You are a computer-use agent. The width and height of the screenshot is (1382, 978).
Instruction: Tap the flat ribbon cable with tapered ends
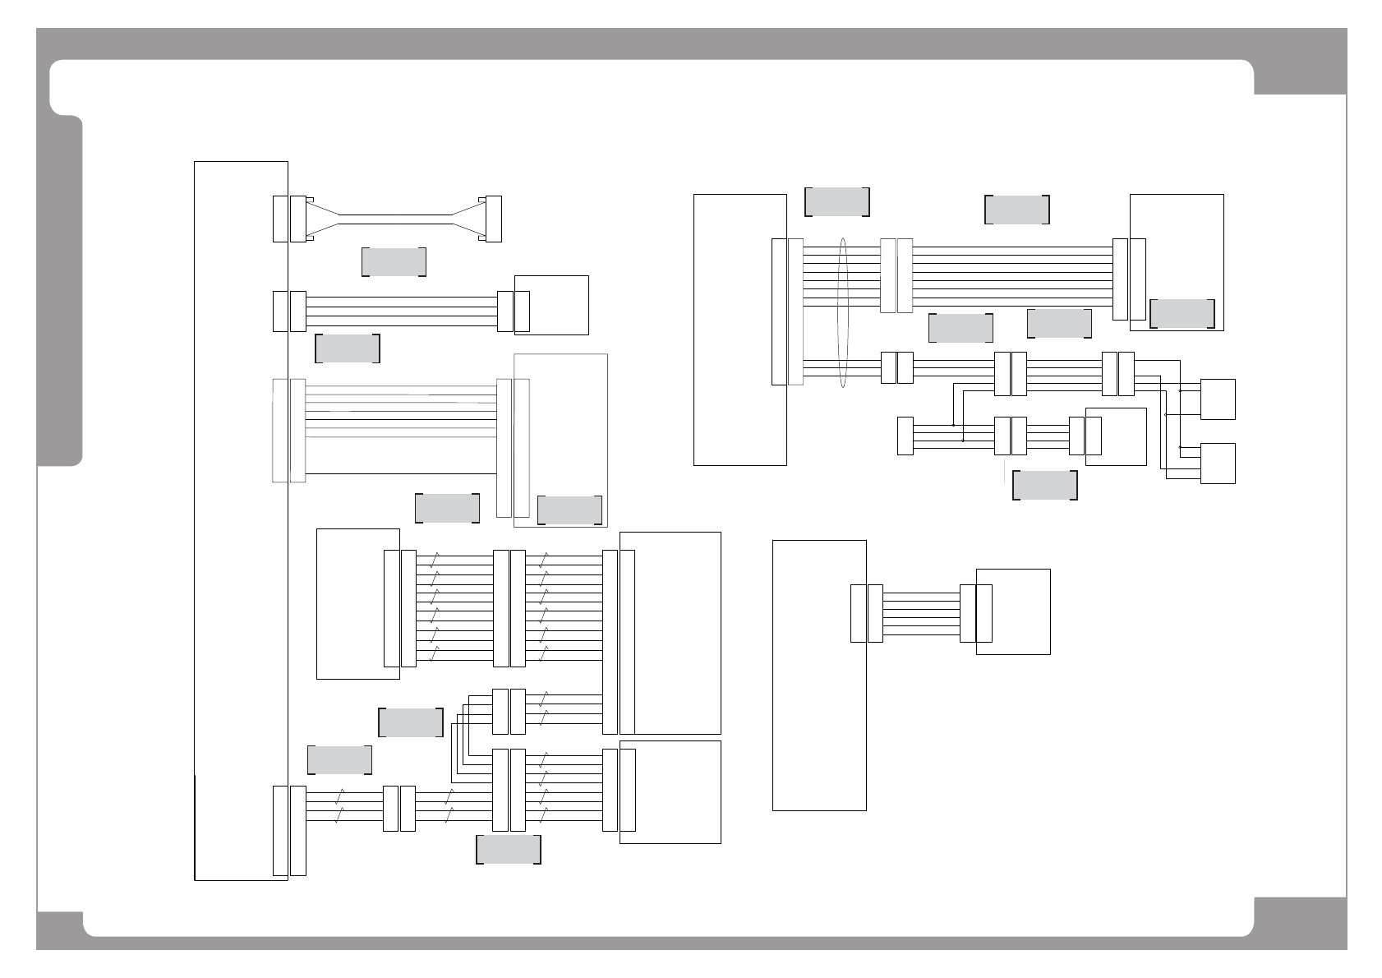tap(395, 219)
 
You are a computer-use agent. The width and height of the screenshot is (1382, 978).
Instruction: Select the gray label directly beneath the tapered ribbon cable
tap(394, 262)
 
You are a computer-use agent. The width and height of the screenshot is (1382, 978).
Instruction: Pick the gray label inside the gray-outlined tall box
tap(569, 510)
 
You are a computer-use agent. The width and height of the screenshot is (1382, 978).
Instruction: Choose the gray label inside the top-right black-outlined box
tap(1182, 313)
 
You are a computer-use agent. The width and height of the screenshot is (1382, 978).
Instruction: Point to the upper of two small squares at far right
tap(1218, 399)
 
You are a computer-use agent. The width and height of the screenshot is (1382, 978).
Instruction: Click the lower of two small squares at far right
tap(1218, 464)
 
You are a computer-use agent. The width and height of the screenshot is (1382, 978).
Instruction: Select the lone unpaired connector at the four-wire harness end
tap(905, 436)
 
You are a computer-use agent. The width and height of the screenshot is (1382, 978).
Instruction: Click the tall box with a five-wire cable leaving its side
tap(819, 675)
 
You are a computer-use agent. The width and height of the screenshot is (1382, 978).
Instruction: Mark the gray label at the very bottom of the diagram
tap(509, 850)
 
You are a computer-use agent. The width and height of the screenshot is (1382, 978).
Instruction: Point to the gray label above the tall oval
tap(836, 201)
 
